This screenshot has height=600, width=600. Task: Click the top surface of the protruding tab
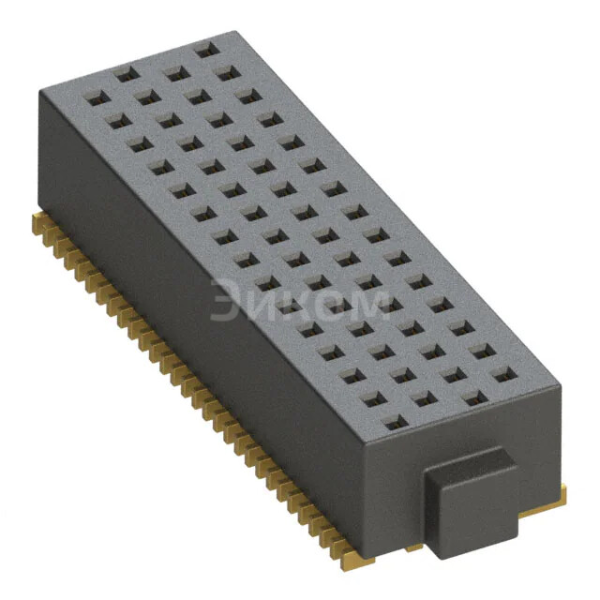coord(468,465)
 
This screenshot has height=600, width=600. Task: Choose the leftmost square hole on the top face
coord(95,96)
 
